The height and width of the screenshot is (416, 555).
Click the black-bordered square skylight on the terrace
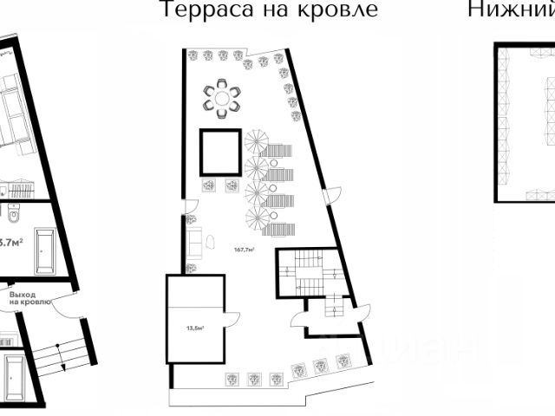point(221,153)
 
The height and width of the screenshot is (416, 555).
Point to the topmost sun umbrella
point(258,140)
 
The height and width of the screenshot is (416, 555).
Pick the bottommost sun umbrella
point(258,219)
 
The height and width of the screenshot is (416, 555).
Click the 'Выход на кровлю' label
point(30,298)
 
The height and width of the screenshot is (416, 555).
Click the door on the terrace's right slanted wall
point(328,198)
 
